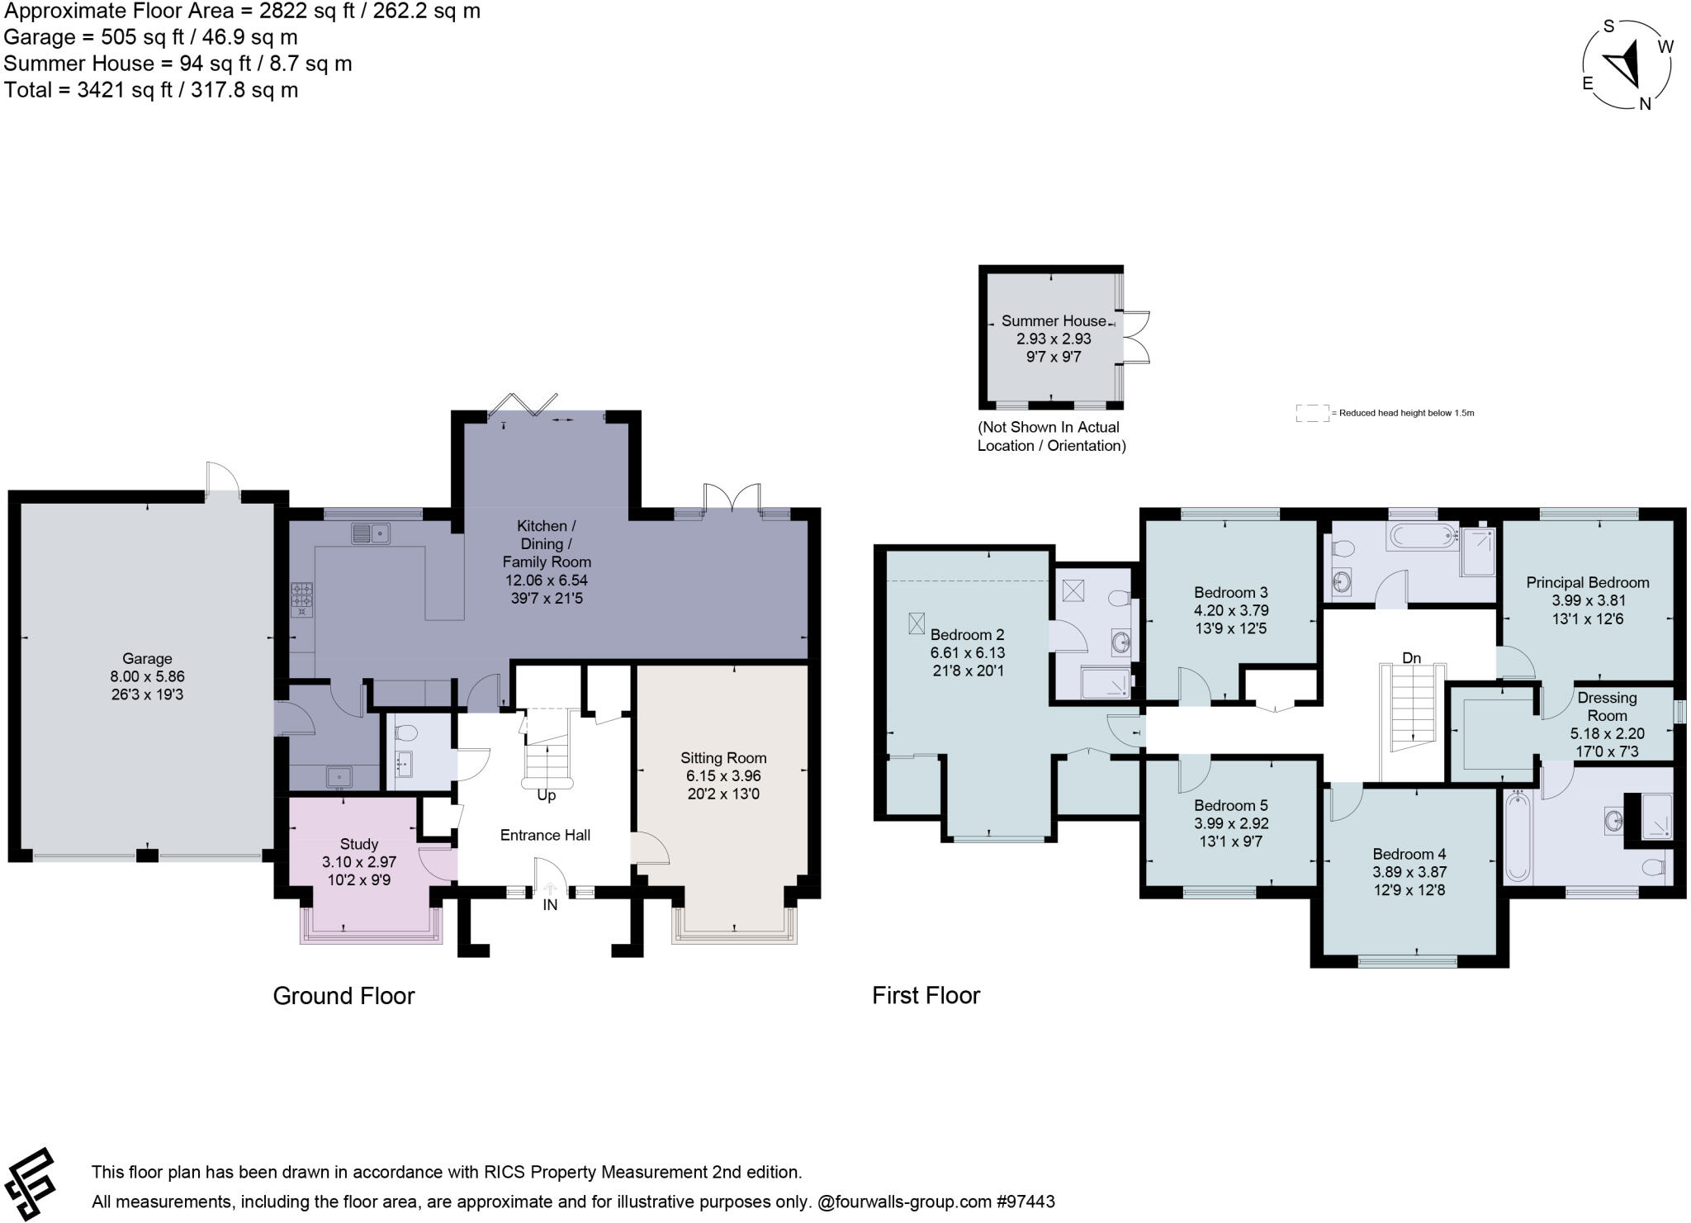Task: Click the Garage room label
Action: pyautogui.click(x=147, y=658)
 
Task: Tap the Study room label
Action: pyautogui.click(x=358, y=843)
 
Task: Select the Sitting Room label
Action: pyautogui.click(x=723, y=757)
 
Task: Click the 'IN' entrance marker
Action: pyautogui.click(x=550, y=904)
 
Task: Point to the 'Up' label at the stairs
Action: pyautogui.click(x=546, y=795)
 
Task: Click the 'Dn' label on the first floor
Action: pyautogui.click(x=1411, y=657)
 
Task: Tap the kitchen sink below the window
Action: pyautogui.click(x=371, y=533)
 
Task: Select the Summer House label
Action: pyautogui.click(x=1053, y=320)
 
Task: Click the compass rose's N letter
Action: pyautogui.click(x=1644, y=104)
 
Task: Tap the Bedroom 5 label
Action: pyautogui.click(x=1230, y=804)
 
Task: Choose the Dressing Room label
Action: pyautogui.click(x=1607, y=706)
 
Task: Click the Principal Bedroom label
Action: pyautogui.click(x=1587, y=581)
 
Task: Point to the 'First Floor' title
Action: pyautogui.click(x=926, y=995)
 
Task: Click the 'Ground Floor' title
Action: pyautogui.click(x=343, y=995)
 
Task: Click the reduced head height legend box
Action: pyautogui.click(x=1310, y=413)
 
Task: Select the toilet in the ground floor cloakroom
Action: pyautogui.click(x=406, y=732)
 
